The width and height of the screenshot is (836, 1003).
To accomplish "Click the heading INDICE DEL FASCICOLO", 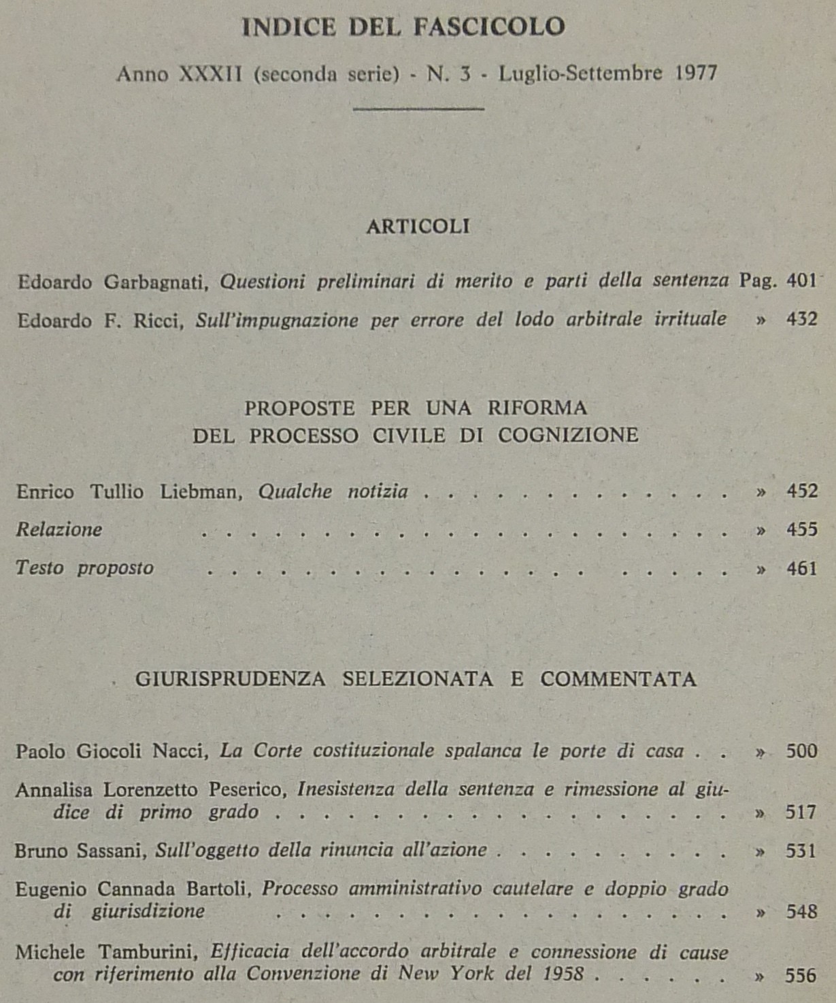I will pos(403,27).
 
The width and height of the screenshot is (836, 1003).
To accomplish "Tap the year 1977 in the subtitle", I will pos(696,73).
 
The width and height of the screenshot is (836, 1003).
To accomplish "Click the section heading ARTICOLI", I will pos(418,227).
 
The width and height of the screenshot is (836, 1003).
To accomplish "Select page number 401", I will pos(801,280).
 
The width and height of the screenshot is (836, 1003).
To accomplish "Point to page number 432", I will pos(801,318).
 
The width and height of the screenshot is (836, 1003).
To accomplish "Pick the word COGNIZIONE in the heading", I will pos(568,435).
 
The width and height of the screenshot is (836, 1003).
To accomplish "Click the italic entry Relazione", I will pos(59,529).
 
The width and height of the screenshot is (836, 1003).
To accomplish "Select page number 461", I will pos(801,568).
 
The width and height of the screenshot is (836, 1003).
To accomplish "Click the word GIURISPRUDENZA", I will pos(230,679).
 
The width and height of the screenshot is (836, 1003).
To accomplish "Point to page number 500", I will pos(801,751).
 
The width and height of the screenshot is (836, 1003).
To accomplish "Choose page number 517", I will pos(801,812).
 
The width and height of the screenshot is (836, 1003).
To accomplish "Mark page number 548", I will pos(801,911).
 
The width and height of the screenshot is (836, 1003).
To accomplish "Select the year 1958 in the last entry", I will pos(563,974).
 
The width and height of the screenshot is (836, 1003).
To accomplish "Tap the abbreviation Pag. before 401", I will pos(757,281).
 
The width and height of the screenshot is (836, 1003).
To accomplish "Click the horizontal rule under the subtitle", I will pos(418,108).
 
